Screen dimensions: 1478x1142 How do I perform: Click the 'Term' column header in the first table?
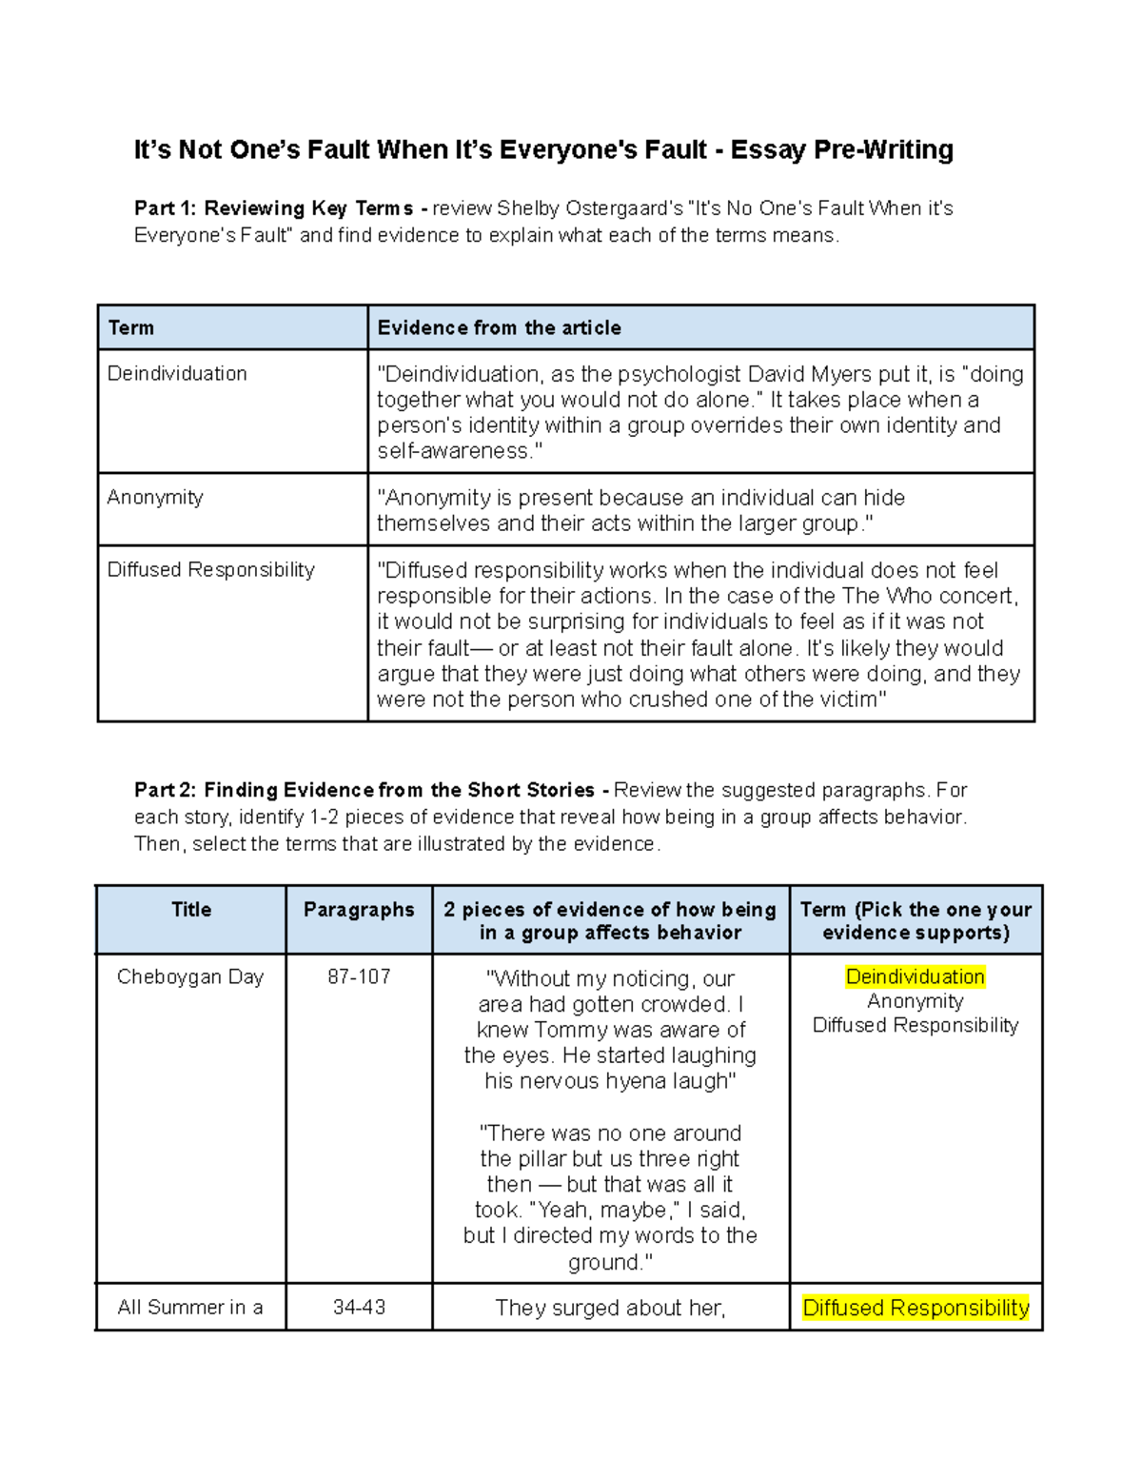tap(131, 328)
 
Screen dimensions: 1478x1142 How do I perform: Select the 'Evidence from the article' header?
tap(499, 328)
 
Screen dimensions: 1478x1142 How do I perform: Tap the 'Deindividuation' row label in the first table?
tap(177, 374)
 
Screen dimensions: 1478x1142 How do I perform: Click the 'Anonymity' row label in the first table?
tap(155, 498)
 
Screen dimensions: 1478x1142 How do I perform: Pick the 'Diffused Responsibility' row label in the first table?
tap(210, 570)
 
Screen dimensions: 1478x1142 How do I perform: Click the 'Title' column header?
tap(191, 910)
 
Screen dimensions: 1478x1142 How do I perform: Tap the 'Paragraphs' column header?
tap(359, 910)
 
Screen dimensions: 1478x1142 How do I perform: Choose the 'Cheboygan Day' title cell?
tap(190, 977)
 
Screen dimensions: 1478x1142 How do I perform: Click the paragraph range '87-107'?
tap(359, 977)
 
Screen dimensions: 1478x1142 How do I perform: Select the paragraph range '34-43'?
tap(359, 1308)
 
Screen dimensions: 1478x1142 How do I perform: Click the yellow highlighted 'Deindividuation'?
tap(915, 977)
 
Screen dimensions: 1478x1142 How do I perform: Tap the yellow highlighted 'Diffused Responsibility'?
tap(916, 1308)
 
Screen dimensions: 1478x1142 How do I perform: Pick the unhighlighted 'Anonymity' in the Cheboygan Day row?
tap(916, 1001)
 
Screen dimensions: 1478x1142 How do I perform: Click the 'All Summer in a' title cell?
tap(190, 1308)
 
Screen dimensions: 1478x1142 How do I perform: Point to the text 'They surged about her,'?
tap(610, 1308)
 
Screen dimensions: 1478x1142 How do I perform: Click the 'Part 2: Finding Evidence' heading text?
tap(364, 790)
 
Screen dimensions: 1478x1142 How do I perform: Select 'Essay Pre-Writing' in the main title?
tap(841, 150)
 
